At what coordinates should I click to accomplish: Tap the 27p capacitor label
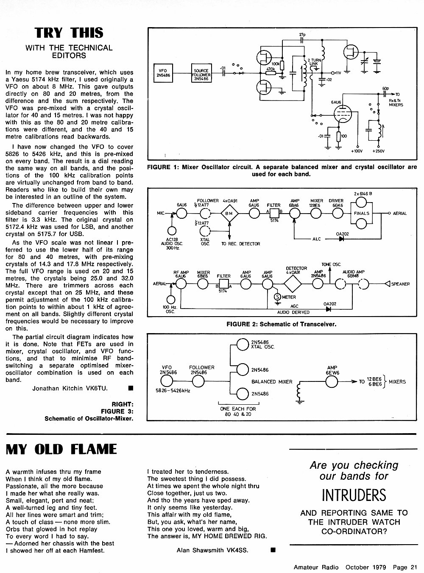(302, 34)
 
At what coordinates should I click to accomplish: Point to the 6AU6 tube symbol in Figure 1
(343, 114)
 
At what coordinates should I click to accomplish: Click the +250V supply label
(378, 151)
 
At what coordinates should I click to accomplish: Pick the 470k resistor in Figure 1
(271, 73)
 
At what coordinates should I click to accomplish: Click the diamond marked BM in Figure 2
(229, 213)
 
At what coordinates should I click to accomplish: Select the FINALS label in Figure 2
(361, 213)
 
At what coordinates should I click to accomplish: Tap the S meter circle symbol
(277, 297)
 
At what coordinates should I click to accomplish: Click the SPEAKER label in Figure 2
(401, 284)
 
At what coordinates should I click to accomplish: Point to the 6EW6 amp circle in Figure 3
(332, 381)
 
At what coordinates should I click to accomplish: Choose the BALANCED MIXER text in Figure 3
(272, 381)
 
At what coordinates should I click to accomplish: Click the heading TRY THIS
(69, 33)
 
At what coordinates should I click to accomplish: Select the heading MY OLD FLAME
(61, 449)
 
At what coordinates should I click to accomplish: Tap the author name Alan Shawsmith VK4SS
(212, 550)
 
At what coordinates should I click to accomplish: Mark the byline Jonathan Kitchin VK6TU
(70, 388)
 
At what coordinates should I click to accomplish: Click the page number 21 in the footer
(414, 567)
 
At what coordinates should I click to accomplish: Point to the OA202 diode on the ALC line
(341, 239)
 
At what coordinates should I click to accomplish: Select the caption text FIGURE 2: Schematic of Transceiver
(281, 324)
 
